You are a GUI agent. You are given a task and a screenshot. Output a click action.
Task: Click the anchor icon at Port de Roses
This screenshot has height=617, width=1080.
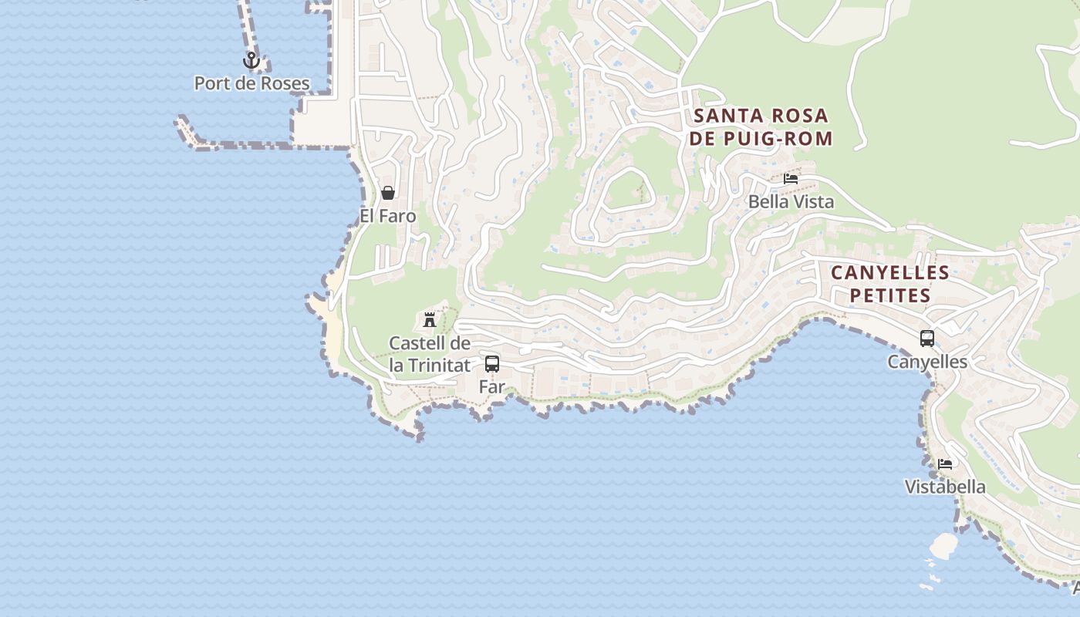(x=251, y=60)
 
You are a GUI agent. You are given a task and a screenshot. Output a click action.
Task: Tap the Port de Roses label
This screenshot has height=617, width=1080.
(x=251, y=83)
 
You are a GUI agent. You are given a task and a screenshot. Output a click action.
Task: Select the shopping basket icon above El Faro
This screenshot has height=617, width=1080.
(x=388, y=193)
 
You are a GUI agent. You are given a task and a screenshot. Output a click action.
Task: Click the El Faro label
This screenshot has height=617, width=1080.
(x=388, y=216)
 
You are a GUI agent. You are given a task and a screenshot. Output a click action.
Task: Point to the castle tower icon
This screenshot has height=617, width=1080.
(x=430, y=319)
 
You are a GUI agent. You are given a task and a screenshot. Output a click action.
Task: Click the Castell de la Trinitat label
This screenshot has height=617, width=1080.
(x=430, y=354)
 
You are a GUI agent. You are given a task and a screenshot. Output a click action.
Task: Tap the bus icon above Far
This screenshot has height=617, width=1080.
(x=492, y=364)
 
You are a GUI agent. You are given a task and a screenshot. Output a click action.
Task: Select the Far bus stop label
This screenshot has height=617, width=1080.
(x=492, y=386)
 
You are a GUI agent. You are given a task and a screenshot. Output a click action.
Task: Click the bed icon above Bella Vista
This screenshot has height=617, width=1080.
(x=791, y=179)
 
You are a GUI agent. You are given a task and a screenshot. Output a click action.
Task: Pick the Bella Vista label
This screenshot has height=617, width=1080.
(x=791, y=202)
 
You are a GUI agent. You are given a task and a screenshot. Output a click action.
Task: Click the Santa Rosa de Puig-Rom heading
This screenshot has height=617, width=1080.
(x=761, y=127)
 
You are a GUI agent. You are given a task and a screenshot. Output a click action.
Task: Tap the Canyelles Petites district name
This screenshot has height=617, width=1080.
(x=890, y=284)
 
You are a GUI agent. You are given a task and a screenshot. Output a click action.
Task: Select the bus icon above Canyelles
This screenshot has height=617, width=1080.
(x=927, y=339)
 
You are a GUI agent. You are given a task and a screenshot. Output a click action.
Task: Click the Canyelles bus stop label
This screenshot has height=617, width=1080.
(x=927, y=362)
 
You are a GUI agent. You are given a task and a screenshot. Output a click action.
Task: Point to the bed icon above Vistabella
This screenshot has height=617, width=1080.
(x=945, y=464)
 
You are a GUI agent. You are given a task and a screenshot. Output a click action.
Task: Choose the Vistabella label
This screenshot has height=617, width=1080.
(x=945, y=487)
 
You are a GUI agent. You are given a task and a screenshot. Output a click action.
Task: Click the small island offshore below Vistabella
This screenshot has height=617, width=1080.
(x=943, y=546)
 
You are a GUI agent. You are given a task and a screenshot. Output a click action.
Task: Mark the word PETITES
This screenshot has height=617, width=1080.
(x=890, y=295)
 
